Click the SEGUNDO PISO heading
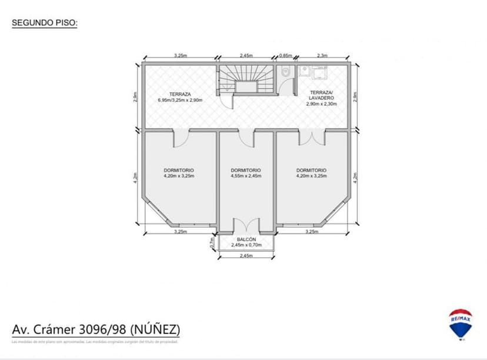pyautogui.click(x=45, y=23)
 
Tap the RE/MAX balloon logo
pyautogui.click(x=460, y=323)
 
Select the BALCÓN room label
pyautogui.click(x=246, y=239)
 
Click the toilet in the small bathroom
pyautogui.click(x=285, y=73)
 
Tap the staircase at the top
pyautogui.click(x=246, y=79)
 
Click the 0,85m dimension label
pyautogui.click(x=285, y=55)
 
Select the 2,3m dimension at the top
pyautogui.click(x=322, y=55)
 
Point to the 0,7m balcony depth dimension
pyautogui.click(x=212, y=241)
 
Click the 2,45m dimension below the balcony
pyautogui.click(x=246, y=256)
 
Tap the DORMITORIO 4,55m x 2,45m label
pyautogui.click(x=246, y=173)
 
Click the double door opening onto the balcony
pyautogui.click(x=246, y=226)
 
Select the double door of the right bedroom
pyautogui.click(x=312, y=138)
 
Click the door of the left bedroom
pyautogui.click(x=180, y=139)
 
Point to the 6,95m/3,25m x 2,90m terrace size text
pyautogui.click(x=180, y=100)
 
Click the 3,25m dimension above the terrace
pyautogui.click(x=180, y=55)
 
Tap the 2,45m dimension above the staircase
pyautogui.click(x=246, y=55)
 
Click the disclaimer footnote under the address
pyautogui.click(x=94, y=341)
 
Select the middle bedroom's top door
pyautogui.click(x=246, y=138)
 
